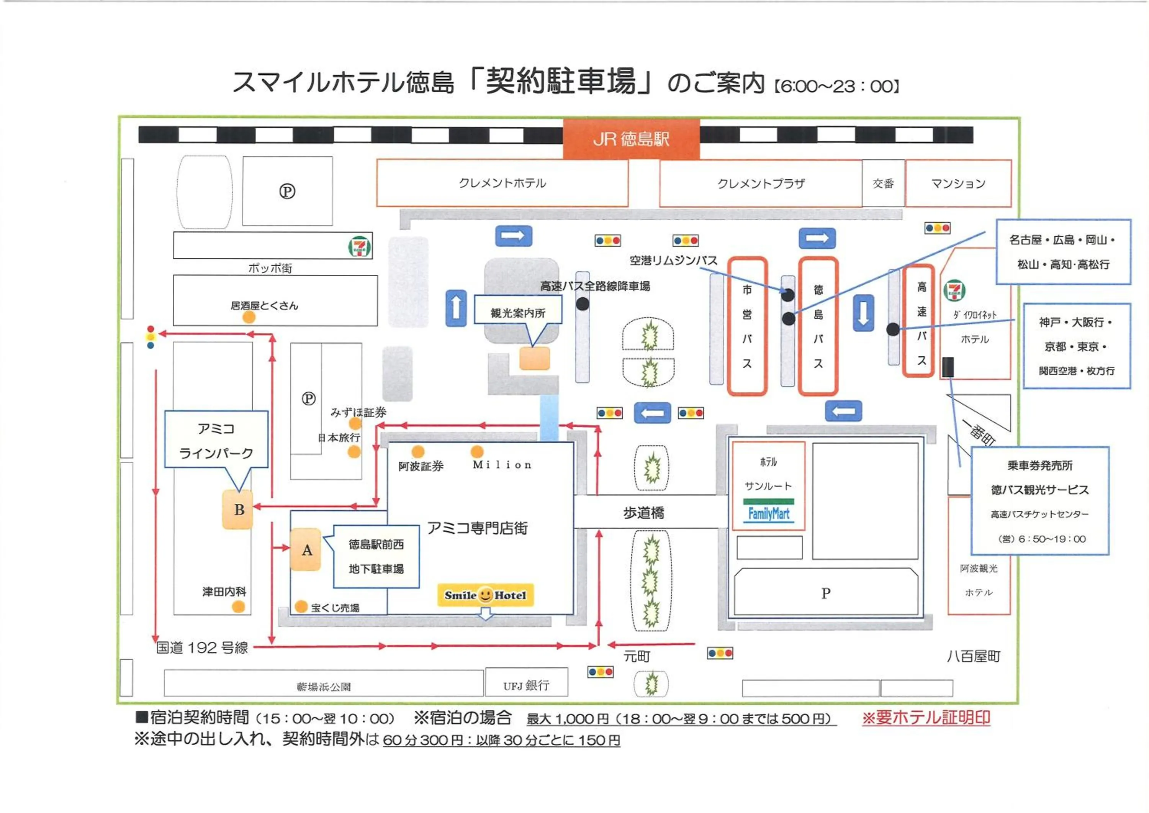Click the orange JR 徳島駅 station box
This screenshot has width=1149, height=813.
click(x=631, y=139)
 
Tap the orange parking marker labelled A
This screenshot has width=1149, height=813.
click(x=306, y=550)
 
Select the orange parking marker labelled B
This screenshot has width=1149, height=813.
click(x=238, y=509)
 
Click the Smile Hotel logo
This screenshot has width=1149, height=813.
click(x=485, y=595)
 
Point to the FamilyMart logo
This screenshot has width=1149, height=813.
click(x=768, y=513)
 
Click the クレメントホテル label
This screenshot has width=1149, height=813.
click(x=502, y=183)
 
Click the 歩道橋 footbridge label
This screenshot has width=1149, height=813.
click(x=643, y=512)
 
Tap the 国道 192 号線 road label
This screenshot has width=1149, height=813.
click(x=202, y=648)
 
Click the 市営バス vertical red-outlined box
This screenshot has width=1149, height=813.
click(x=746, y=326)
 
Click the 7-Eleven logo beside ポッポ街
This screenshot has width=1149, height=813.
click(x=359, y=246)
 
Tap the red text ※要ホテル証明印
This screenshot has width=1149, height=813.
click(x=926, y=717)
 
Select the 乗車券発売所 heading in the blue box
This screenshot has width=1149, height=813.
click(x=1039, y=466)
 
